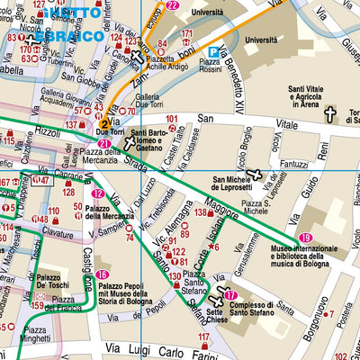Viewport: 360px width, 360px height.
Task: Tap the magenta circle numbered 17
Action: pos(231,295)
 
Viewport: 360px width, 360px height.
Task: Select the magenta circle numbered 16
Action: pos(103,275)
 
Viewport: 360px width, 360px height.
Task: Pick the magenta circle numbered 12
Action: pos(97,193)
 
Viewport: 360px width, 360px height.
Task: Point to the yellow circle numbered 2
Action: pos(105,124)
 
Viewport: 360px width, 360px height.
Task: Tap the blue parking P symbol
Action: pos(213,53)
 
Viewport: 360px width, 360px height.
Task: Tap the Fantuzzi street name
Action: pos(270,163)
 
